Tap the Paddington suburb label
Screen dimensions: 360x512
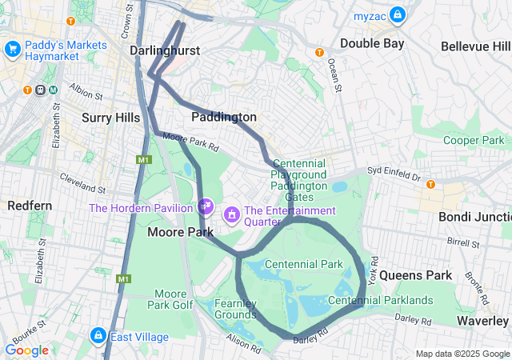(x=224, y=117)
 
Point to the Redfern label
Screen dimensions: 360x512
(x=30, y=206)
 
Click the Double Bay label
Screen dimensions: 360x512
(x=372, y=43)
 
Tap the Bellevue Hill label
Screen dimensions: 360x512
(x=476, y=46)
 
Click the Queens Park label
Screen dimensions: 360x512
(x=415, y=275)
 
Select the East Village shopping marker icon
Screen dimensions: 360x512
(x=98, y=335)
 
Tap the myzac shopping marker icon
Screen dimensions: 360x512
(x=397, y=14)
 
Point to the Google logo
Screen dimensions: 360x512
(x=26, y=350)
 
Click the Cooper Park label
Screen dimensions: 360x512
(x=474, y=140)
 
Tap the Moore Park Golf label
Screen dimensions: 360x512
(x=170, y=299)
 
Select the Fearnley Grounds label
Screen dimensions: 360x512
(x=236, y=309)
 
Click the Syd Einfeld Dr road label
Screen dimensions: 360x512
(x=394, y=171)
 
